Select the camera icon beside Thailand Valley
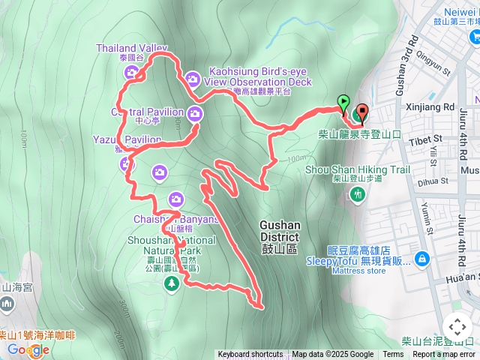point(131,73)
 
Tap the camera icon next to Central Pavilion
point(195,114)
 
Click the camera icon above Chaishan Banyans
point(175,199)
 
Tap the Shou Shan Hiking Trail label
point(358,169)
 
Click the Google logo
point(28,349)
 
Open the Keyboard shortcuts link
point(250,355)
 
